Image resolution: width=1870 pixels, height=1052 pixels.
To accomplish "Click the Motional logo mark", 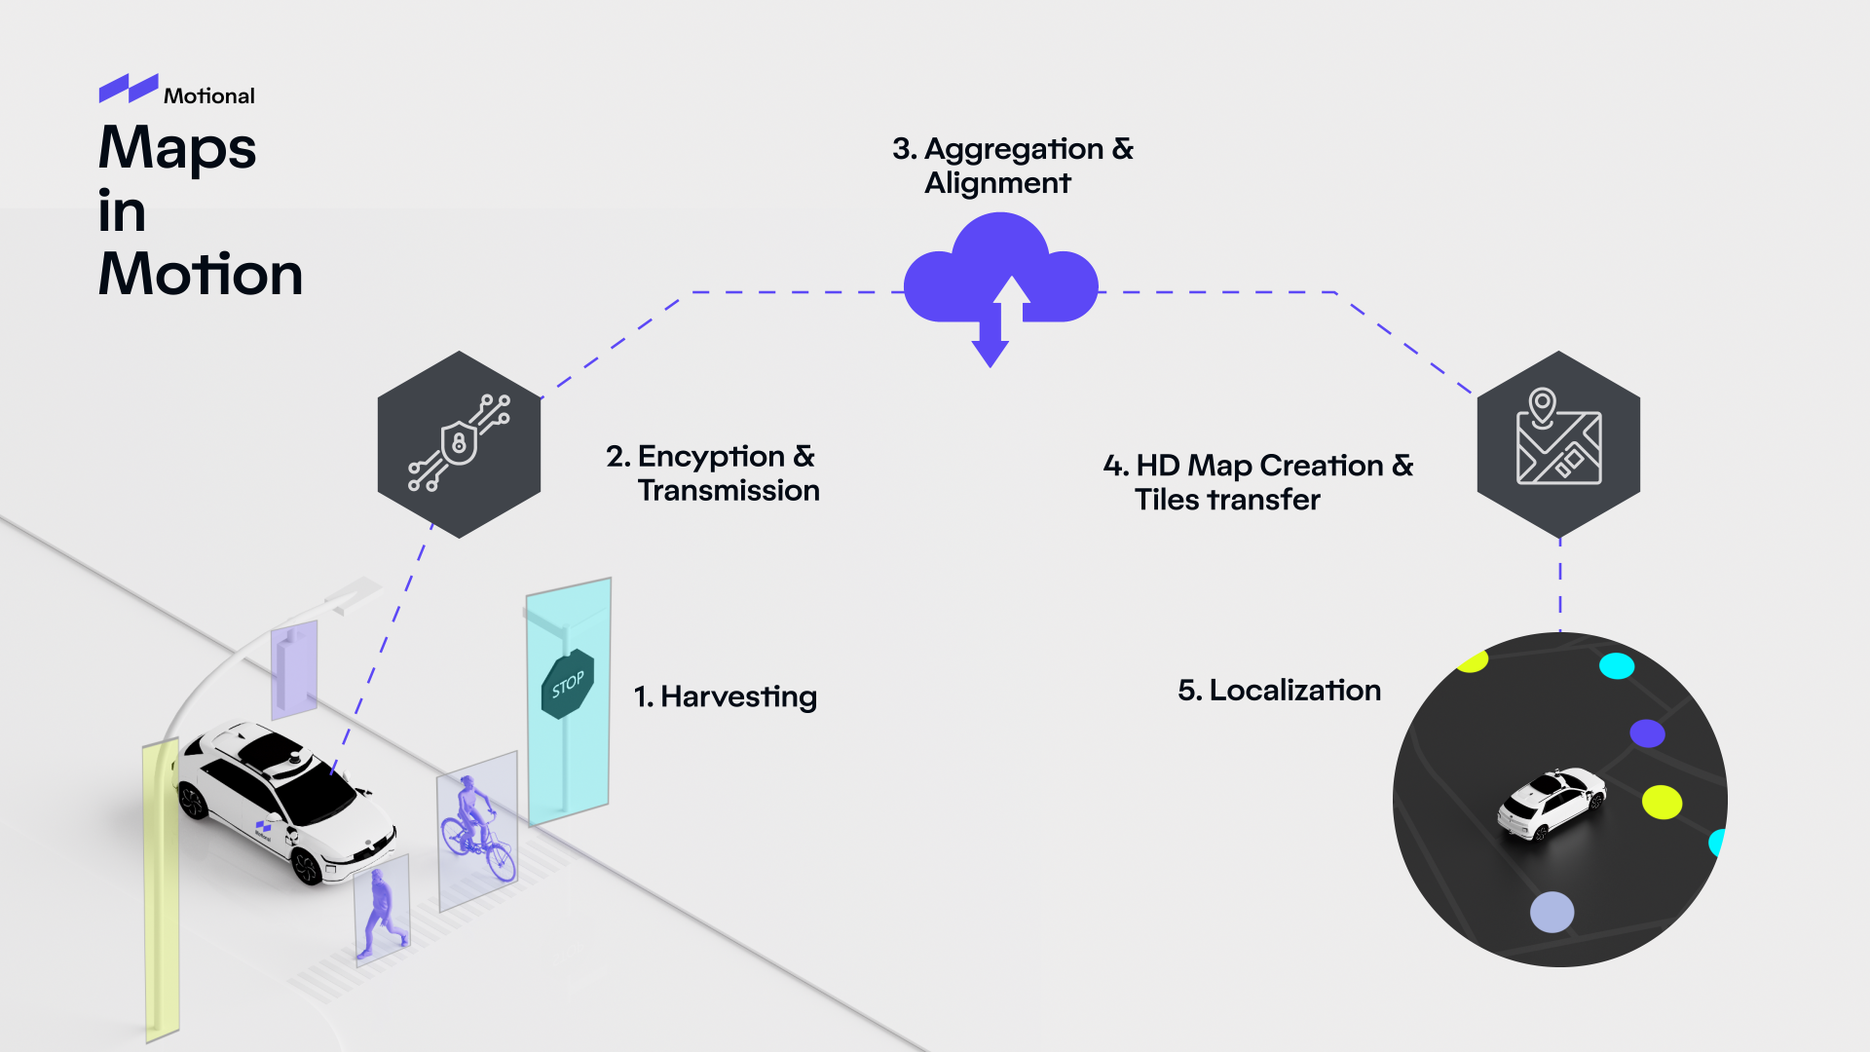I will (128, 89).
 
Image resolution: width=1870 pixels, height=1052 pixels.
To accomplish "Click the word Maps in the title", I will (177, 148).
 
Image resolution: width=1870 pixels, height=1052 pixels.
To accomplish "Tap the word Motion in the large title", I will (201, 274).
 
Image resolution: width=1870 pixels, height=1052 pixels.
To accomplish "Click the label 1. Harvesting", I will (726, 696).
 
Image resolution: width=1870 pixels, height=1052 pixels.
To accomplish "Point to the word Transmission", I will (729, 490).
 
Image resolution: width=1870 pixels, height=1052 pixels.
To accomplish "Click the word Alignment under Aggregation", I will (997, 183).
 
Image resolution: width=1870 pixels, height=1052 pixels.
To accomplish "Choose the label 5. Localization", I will (1279, 690).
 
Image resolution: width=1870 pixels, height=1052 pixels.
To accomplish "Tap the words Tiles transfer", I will (1227, 500).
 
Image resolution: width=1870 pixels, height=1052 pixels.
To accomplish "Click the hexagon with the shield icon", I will (459, 444).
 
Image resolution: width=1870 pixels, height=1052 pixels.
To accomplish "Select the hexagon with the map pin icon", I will (1558, 444).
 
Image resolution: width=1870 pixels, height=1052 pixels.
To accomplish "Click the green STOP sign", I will (567, 684).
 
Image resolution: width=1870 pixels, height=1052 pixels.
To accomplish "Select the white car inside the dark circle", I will (1551, 803).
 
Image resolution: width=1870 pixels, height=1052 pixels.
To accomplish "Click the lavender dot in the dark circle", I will (1552, 913).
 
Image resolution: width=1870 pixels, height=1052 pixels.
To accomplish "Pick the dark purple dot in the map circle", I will (1647, 733).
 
